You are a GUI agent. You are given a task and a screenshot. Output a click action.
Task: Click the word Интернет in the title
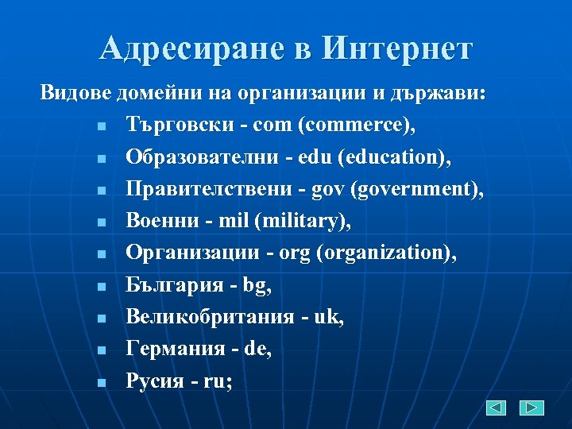pyautogui.click(x=396, y=49)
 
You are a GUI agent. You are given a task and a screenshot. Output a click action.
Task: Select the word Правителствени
pyautogui.click(x=207, y=189)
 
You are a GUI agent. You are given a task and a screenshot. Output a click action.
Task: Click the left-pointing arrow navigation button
pyautogui.click(x=497, y=408)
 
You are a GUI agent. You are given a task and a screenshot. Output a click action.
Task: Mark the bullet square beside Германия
pyautogui.click(x=101, y=350)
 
